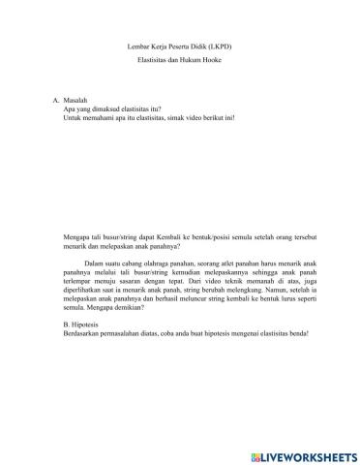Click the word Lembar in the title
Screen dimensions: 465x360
click(137, 46)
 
